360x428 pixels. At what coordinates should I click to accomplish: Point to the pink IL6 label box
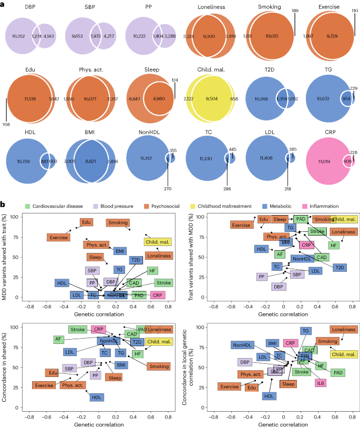(320, 382)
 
